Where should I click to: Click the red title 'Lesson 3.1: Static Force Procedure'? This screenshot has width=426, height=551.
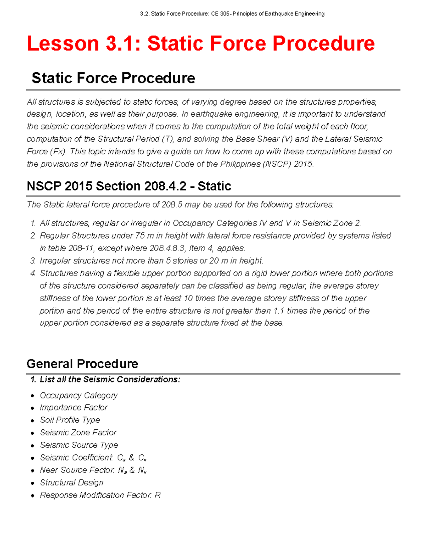point(201,44)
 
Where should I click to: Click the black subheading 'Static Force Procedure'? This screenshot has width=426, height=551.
point(113,78)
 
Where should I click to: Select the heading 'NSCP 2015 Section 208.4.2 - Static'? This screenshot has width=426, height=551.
point(129,186)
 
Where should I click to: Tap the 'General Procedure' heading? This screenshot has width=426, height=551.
point(82,364)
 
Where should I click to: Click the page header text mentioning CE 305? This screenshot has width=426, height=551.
point(232,14)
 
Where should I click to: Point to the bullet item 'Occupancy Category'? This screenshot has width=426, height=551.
point(78,395)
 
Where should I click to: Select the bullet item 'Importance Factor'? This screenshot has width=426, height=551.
point(73,408)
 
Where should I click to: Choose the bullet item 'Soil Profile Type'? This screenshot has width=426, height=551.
point(70,420)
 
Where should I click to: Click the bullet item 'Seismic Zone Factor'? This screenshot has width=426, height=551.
point(78,432)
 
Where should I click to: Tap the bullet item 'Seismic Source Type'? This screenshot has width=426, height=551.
point(79,445)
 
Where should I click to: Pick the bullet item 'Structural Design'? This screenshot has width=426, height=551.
point(72,483)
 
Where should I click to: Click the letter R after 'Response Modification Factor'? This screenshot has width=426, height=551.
point(158,495)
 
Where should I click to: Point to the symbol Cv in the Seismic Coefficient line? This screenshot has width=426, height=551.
point(142,458)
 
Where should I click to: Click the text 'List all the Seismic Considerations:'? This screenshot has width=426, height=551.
point(110,379)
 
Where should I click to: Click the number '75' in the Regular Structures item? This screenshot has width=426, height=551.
point(140,236)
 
